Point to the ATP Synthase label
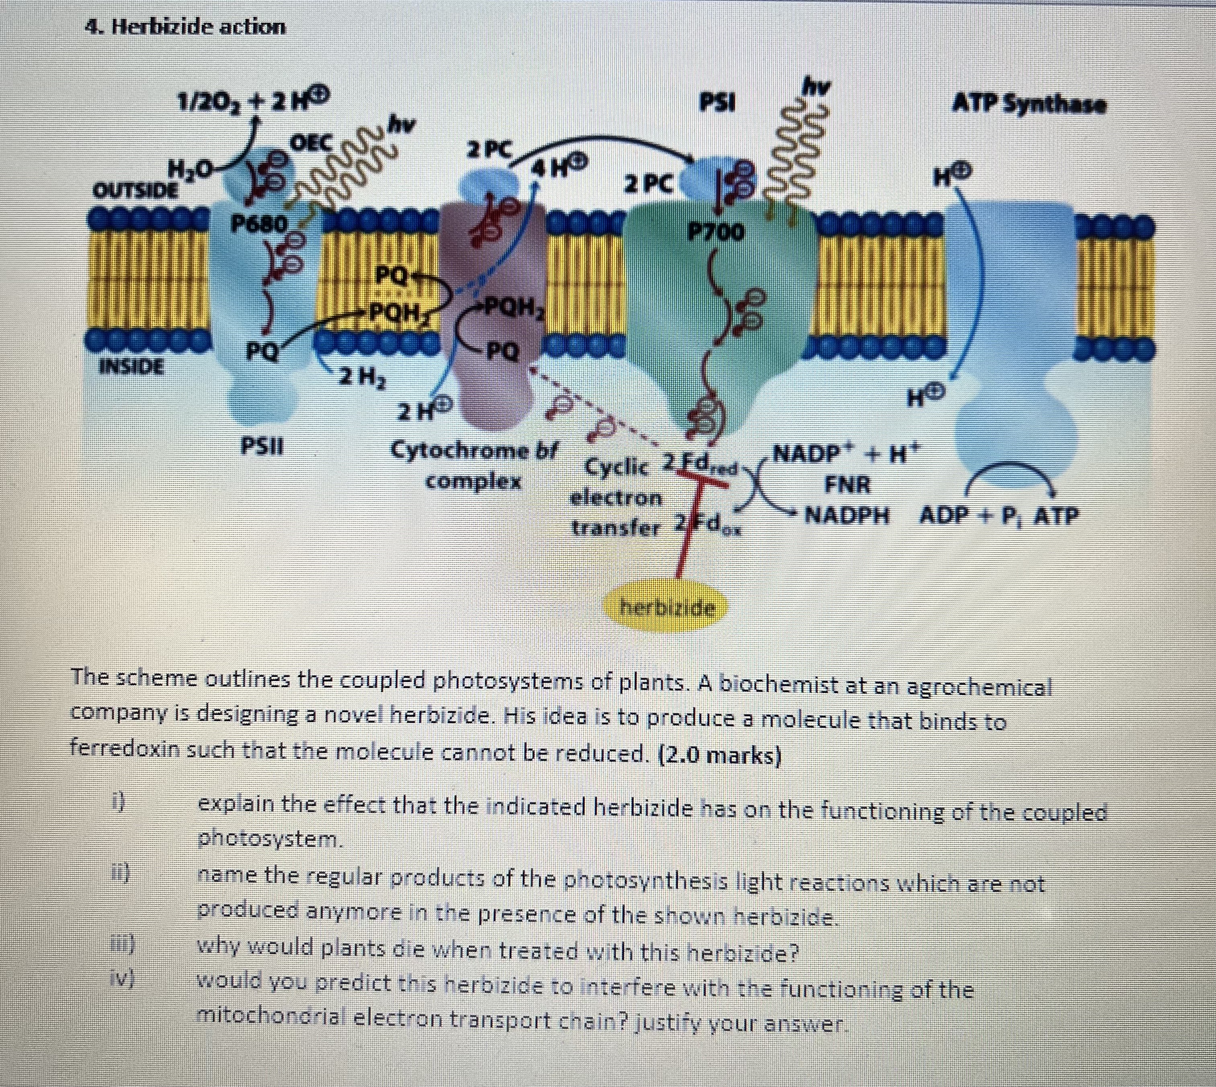tap(1029, 105)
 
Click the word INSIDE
tap(131, 365)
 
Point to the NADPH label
tap(847, 514)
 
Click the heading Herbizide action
tap(185, 27)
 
